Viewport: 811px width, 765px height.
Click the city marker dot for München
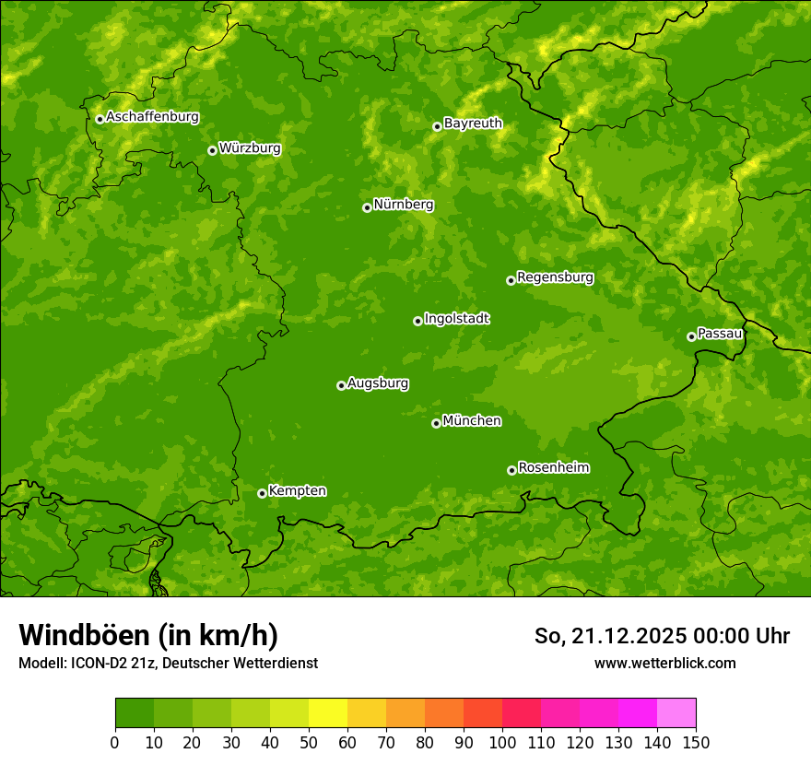pos(436,423)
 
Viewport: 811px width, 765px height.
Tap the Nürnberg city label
pos(403,205)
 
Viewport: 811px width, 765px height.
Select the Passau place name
pos(719,334)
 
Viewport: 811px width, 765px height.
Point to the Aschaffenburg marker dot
pos(100,118)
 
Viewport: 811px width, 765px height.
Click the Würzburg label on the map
pos(250,148)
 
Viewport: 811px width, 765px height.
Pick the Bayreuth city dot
pos(437,126)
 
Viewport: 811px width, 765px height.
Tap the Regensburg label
pos(555,277)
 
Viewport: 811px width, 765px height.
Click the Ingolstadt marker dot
pos(417,321)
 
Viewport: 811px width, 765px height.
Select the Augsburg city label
pos(378,383)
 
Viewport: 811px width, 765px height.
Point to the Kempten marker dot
pos(262,493)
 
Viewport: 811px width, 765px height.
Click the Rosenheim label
pos(553,468)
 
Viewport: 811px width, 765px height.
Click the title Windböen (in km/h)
pos(148,636)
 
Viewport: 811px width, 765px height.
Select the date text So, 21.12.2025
pos(610,636)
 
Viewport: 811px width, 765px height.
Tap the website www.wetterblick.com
pos(664,663)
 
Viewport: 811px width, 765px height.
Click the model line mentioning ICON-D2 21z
pos(168,663)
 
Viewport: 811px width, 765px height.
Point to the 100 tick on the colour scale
pos(502,742)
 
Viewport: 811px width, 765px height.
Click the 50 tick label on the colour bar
pos(309,742)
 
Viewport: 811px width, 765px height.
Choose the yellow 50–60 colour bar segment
pos(328,713)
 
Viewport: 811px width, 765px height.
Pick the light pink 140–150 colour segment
pos(676,713)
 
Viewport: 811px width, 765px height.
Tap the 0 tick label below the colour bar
pos(115,742)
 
